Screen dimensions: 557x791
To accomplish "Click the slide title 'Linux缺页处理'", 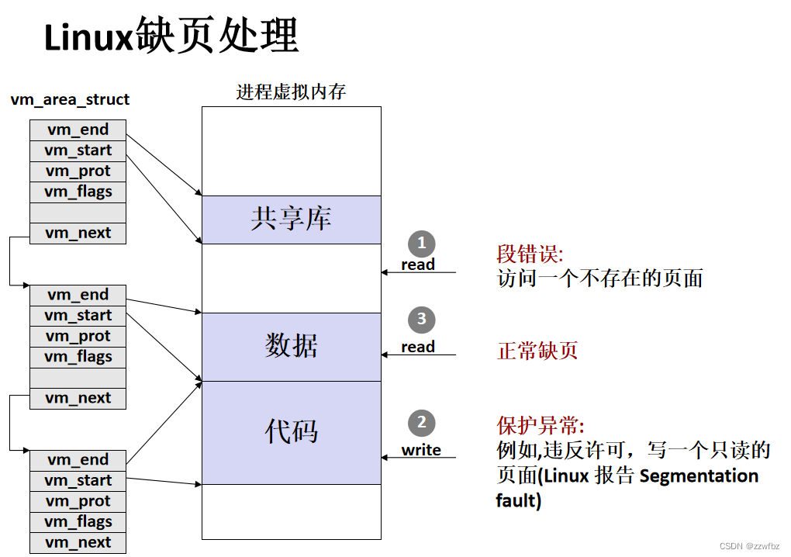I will pos(171,36).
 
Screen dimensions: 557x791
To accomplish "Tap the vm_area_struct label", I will pos(71,99).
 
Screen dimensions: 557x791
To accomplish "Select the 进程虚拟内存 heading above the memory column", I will pos(291,92).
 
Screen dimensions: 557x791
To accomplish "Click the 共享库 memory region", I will pos(291,220).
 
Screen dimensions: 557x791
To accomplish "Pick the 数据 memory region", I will pos(291,346).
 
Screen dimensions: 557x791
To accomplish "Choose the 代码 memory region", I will pos(291,431).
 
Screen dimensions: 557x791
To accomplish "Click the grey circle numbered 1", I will pos(421,244).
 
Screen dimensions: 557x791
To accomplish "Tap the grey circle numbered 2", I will pos(421,423).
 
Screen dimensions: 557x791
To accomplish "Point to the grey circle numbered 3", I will pos(421,319).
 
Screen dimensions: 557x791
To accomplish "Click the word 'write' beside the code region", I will pos(421,450).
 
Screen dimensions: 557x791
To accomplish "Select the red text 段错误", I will pos(530,254).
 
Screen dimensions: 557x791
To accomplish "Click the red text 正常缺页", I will pos(537,351).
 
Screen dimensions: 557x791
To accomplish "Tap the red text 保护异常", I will pos(540,425).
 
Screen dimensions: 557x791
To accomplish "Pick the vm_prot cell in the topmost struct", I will pos(78,171).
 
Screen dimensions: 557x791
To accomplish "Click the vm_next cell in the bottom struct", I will pos(78,543).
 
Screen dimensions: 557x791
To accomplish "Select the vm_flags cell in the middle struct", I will pos(78,357).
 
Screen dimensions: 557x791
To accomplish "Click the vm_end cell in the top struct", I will pos(78,130).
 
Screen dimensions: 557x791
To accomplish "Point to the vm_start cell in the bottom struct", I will pos(78,481).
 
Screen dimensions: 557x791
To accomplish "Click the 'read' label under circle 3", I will pos(418,347).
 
